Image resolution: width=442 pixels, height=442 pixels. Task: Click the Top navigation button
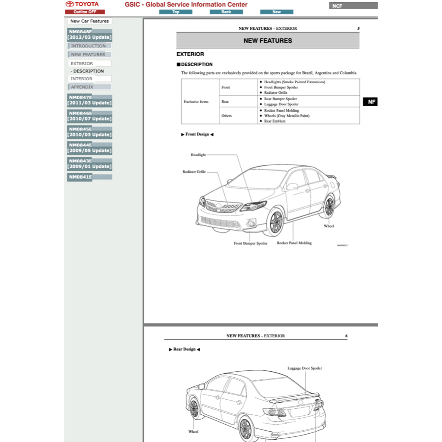coord(176,12)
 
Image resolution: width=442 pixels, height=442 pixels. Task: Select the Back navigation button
coord(226,12)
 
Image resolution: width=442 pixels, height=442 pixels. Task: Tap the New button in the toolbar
coord(277,12)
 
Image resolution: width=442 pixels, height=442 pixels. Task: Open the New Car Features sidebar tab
coord(89,21)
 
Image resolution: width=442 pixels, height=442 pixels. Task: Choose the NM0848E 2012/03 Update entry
coord(89,35)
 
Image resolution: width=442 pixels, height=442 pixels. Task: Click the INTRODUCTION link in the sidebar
coord(88,46)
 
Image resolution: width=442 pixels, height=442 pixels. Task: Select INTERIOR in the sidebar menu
coord(89,79)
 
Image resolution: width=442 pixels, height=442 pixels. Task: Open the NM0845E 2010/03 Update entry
coord(89,132)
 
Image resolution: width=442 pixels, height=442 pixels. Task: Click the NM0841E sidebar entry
coord(89,177)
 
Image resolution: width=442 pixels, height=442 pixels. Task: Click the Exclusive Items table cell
coord(196,102)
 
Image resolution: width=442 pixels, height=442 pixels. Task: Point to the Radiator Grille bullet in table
coord(276,93)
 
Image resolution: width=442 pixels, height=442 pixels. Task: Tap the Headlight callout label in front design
coord(198,155)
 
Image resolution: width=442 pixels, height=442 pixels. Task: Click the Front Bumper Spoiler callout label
coord(250,243)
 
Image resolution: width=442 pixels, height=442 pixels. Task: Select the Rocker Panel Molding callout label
coord(294,243)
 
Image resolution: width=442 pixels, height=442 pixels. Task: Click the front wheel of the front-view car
coord(275,222)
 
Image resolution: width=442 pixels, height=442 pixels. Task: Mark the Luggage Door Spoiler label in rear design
coord(305,369)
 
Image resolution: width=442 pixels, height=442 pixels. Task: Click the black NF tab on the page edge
coord(371,102)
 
